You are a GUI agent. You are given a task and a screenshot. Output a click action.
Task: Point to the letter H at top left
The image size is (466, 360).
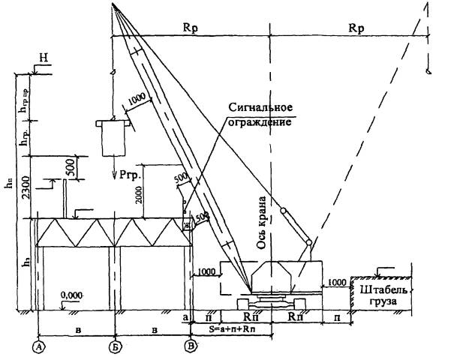[45, 58]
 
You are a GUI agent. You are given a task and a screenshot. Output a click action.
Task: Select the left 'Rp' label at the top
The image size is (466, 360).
[190, 27]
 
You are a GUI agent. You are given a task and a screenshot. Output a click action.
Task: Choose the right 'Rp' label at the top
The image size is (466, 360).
[358, 27]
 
